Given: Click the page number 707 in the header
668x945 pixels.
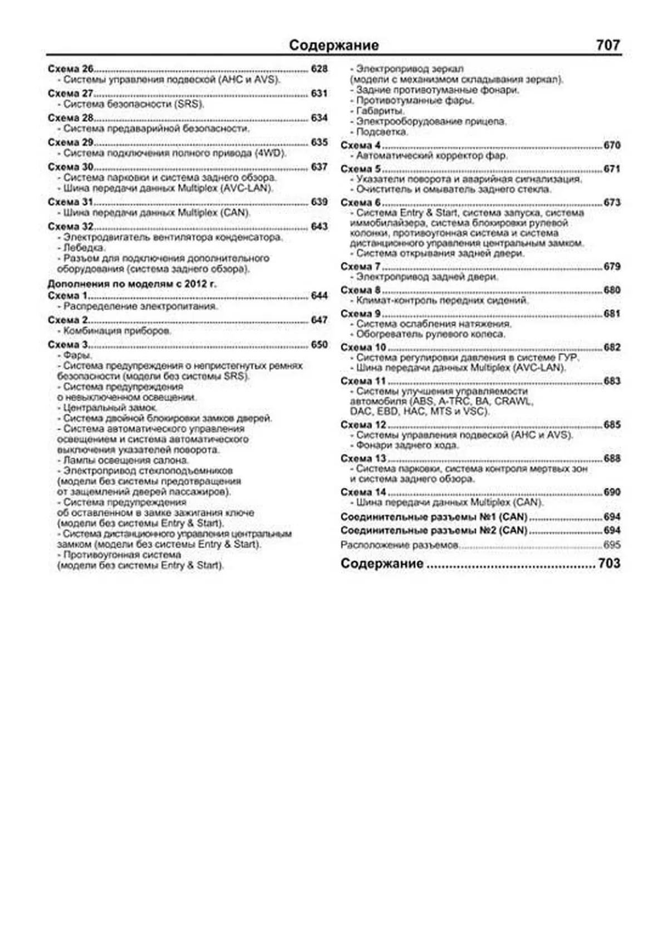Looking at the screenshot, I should point(607,45).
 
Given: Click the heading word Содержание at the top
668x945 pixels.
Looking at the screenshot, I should point(333,45).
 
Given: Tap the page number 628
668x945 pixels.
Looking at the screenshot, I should point(319,69).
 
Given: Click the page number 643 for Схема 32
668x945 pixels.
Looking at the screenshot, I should point(319,227).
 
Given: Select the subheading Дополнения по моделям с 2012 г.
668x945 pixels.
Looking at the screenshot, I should point(132,284).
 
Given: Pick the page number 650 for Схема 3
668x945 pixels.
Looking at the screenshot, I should point(319,345).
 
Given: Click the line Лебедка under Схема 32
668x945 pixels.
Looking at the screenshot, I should point(83,248).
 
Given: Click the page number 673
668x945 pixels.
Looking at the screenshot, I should point(612,203).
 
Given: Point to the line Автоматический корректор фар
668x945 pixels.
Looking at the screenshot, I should point(431,156).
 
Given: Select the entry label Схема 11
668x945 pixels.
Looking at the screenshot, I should point(363,381).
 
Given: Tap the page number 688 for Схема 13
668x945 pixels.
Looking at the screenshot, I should point(612,459).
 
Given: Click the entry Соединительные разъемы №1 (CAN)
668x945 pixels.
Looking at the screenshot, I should point(434,517).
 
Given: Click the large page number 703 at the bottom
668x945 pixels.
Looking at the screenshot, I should point(609,564).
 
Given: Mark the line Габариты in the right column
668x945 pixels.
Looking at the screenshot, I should point(380,111).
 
